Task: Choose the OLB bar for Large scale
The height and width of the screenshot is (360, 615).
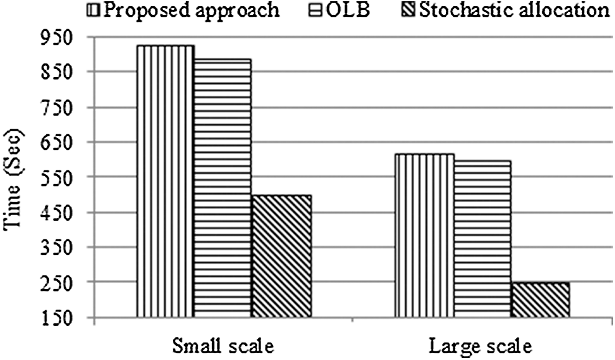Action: click(482, 239)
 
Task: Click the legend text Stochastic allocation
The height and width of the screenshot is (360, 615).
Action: click(514, 11)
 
